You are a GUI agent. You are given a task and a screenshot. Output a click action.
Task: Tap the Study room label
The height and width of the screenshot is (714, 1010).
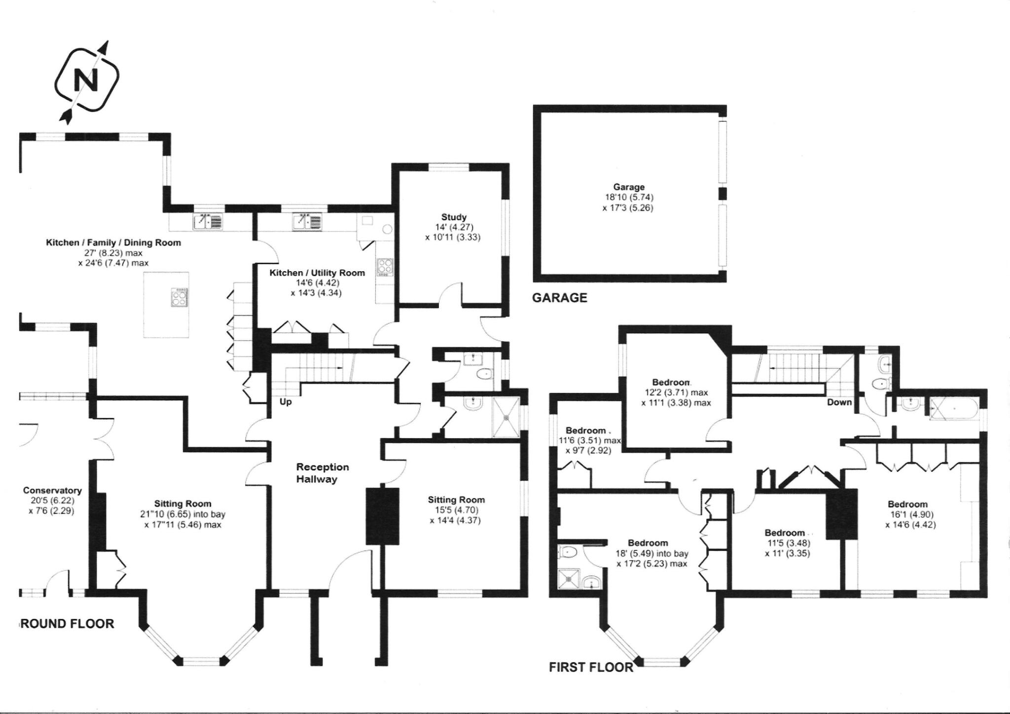[453, 217]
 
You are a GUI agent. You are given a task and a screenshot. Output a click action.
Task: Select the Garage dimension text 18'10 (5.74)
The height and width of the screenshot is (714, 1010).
[629, 197]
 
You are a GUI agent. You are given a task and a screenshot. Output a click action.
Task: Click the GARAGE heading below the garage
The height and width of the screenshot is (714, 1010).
[559, 298]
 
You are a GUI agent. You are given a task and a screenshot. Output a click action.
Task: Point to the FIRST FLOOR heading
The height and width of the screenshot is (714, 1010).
[591, 667]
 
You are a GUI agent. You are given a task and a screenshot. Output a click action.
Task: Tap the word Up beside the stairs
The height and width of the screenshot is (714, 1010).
[286, 402]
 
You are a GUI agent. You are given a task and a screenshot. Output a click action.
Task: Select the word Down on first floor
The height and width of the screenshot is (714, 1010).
[839, 402]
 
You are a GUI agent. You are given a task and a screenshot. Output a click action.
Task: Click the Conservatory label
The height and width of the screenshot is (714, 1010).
[52, 490]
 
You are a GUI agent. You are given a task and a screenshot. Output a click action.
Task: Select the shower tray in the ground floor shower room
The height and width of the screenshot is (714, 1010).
[506, 417]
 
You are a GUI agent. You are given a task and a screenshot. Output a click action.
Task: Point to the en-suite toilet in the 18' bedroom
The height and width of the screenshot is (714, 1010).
[569, 552]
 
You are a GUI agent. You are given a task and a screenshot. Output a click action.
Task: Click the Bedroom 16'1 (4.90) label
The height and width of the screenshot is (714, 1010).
[907, 504]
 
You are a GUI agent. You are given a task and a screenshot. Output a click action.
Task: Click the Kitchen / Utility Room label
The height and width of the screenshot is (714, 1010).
[317, 273]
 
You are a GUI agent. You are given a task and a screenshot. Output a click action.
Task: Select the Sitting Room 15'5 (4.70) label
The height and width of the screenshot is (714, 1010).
[456, 500]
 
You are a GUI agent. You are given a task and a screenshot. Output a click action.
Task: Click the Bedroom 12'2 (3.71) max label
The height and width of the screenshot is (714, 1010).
[671, 382]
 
